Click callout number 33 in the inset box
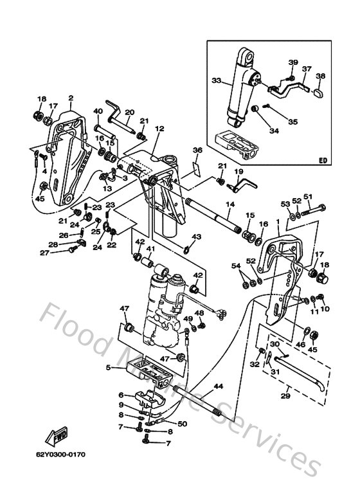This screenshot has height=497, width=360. coord(215,82)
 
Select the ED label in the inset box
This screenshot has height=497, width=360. coord(322,161)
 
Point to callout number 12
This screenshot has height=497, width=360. coord(159,129)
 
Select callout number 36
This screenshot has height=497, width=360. coord(197,150)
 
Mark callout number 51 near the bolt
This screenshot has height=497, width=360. coord(307,197)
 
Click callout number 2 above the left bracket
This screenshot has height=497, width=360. coord(70,98)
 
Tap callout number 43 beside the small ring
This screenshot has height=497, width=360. coord(197,237)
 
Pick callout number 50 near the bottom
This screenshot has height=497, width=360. coord(182,424)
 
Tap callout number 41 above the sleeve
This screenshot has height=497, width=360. coord(149,249)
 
